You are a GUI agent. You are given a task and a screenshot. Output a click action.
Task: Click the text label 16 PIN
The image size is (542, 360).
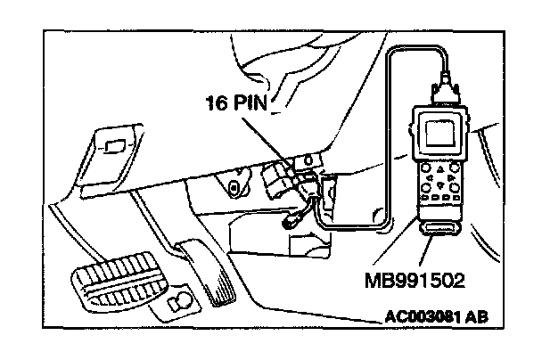[x=237, y=102]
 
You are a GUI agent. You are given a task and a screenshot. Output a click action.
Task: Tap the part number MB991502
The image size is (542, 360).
[x=415, y=280]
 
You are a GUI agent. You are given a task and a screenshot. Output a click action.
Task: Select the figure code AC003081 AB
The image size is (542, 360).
[x=436, y=317]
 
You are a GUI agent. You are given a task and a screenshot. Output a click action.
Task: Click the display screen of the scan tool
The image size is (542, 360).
[x=439, y=134]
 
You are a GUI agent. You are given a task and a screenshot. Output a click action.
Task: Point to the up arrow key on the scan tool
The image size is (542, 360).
[x=440, y=169]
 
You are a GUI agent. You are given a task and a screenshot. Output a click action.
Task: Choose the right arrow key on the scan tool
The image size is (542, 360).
[x=451, y=177]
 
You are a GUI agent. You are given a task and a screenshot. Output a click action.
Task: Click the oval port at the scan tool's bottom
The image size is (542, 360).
[x=440, y=228]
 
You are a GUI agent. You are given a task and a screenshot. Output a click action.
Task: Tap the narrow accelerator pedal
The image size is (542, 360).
[x=208, y=273]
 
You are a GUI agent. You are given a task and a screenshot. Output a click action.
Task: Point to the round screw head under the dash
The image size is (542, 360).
[x=234, y=188]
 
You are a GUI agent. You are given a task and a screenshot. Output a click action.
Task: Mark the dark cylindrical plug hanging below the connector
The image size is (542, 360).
[x=291, y=221]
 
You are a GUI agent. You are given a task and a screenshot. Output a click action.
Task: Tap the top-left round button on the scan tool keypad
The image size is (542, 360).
[x=425, y=168]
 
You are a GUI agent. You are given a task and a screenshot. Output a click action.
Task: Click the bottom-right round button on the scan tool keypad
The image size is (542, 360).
[x=455, y=188]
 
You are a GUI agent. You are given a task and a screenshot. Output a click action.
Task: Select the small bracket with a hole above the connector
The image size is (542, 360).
[x=308, y=160]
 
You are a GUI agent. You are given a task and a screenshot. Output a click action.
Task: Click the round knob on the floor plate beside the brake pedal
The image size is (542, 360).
[x=181, y=300]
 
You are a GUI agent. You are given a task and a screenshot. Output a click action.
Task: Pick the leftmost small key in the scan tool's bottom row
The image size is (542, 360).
[x=425, y=198]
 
